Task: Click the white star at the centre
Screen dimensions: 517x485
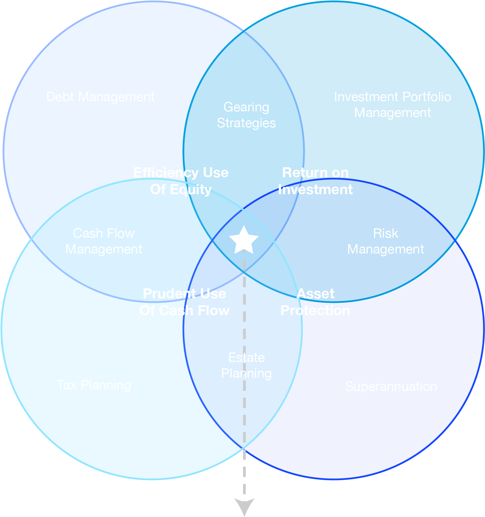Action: point(244,240)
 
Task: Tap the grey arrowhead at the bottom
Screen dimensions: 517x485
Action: point(244,506)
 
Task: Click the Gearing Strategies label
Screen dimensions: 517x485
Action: point(246,115)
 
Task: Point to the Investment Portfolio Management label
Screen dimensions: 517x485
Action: point(393,105)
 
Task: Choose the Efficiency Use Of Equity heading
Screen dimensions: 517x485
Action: point(181,181)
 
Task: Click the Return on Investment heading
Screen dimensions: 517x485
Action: point(315,181)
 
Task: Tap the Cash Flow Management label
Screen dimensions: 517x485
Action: point(104,241)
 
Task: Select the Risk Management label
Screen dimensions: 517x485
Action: point(385,241)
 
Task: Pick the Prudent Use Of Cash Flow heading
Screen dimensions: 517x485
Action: point(184,302)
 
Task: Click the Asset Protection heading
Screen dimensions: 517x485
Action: point(315,302)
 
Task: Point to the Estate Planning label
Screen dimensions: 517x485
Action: point(246,365)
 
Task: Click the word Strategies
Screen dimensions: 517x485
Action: point(246,123)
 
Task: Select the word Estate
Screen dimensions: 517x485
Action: point(246,358)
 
